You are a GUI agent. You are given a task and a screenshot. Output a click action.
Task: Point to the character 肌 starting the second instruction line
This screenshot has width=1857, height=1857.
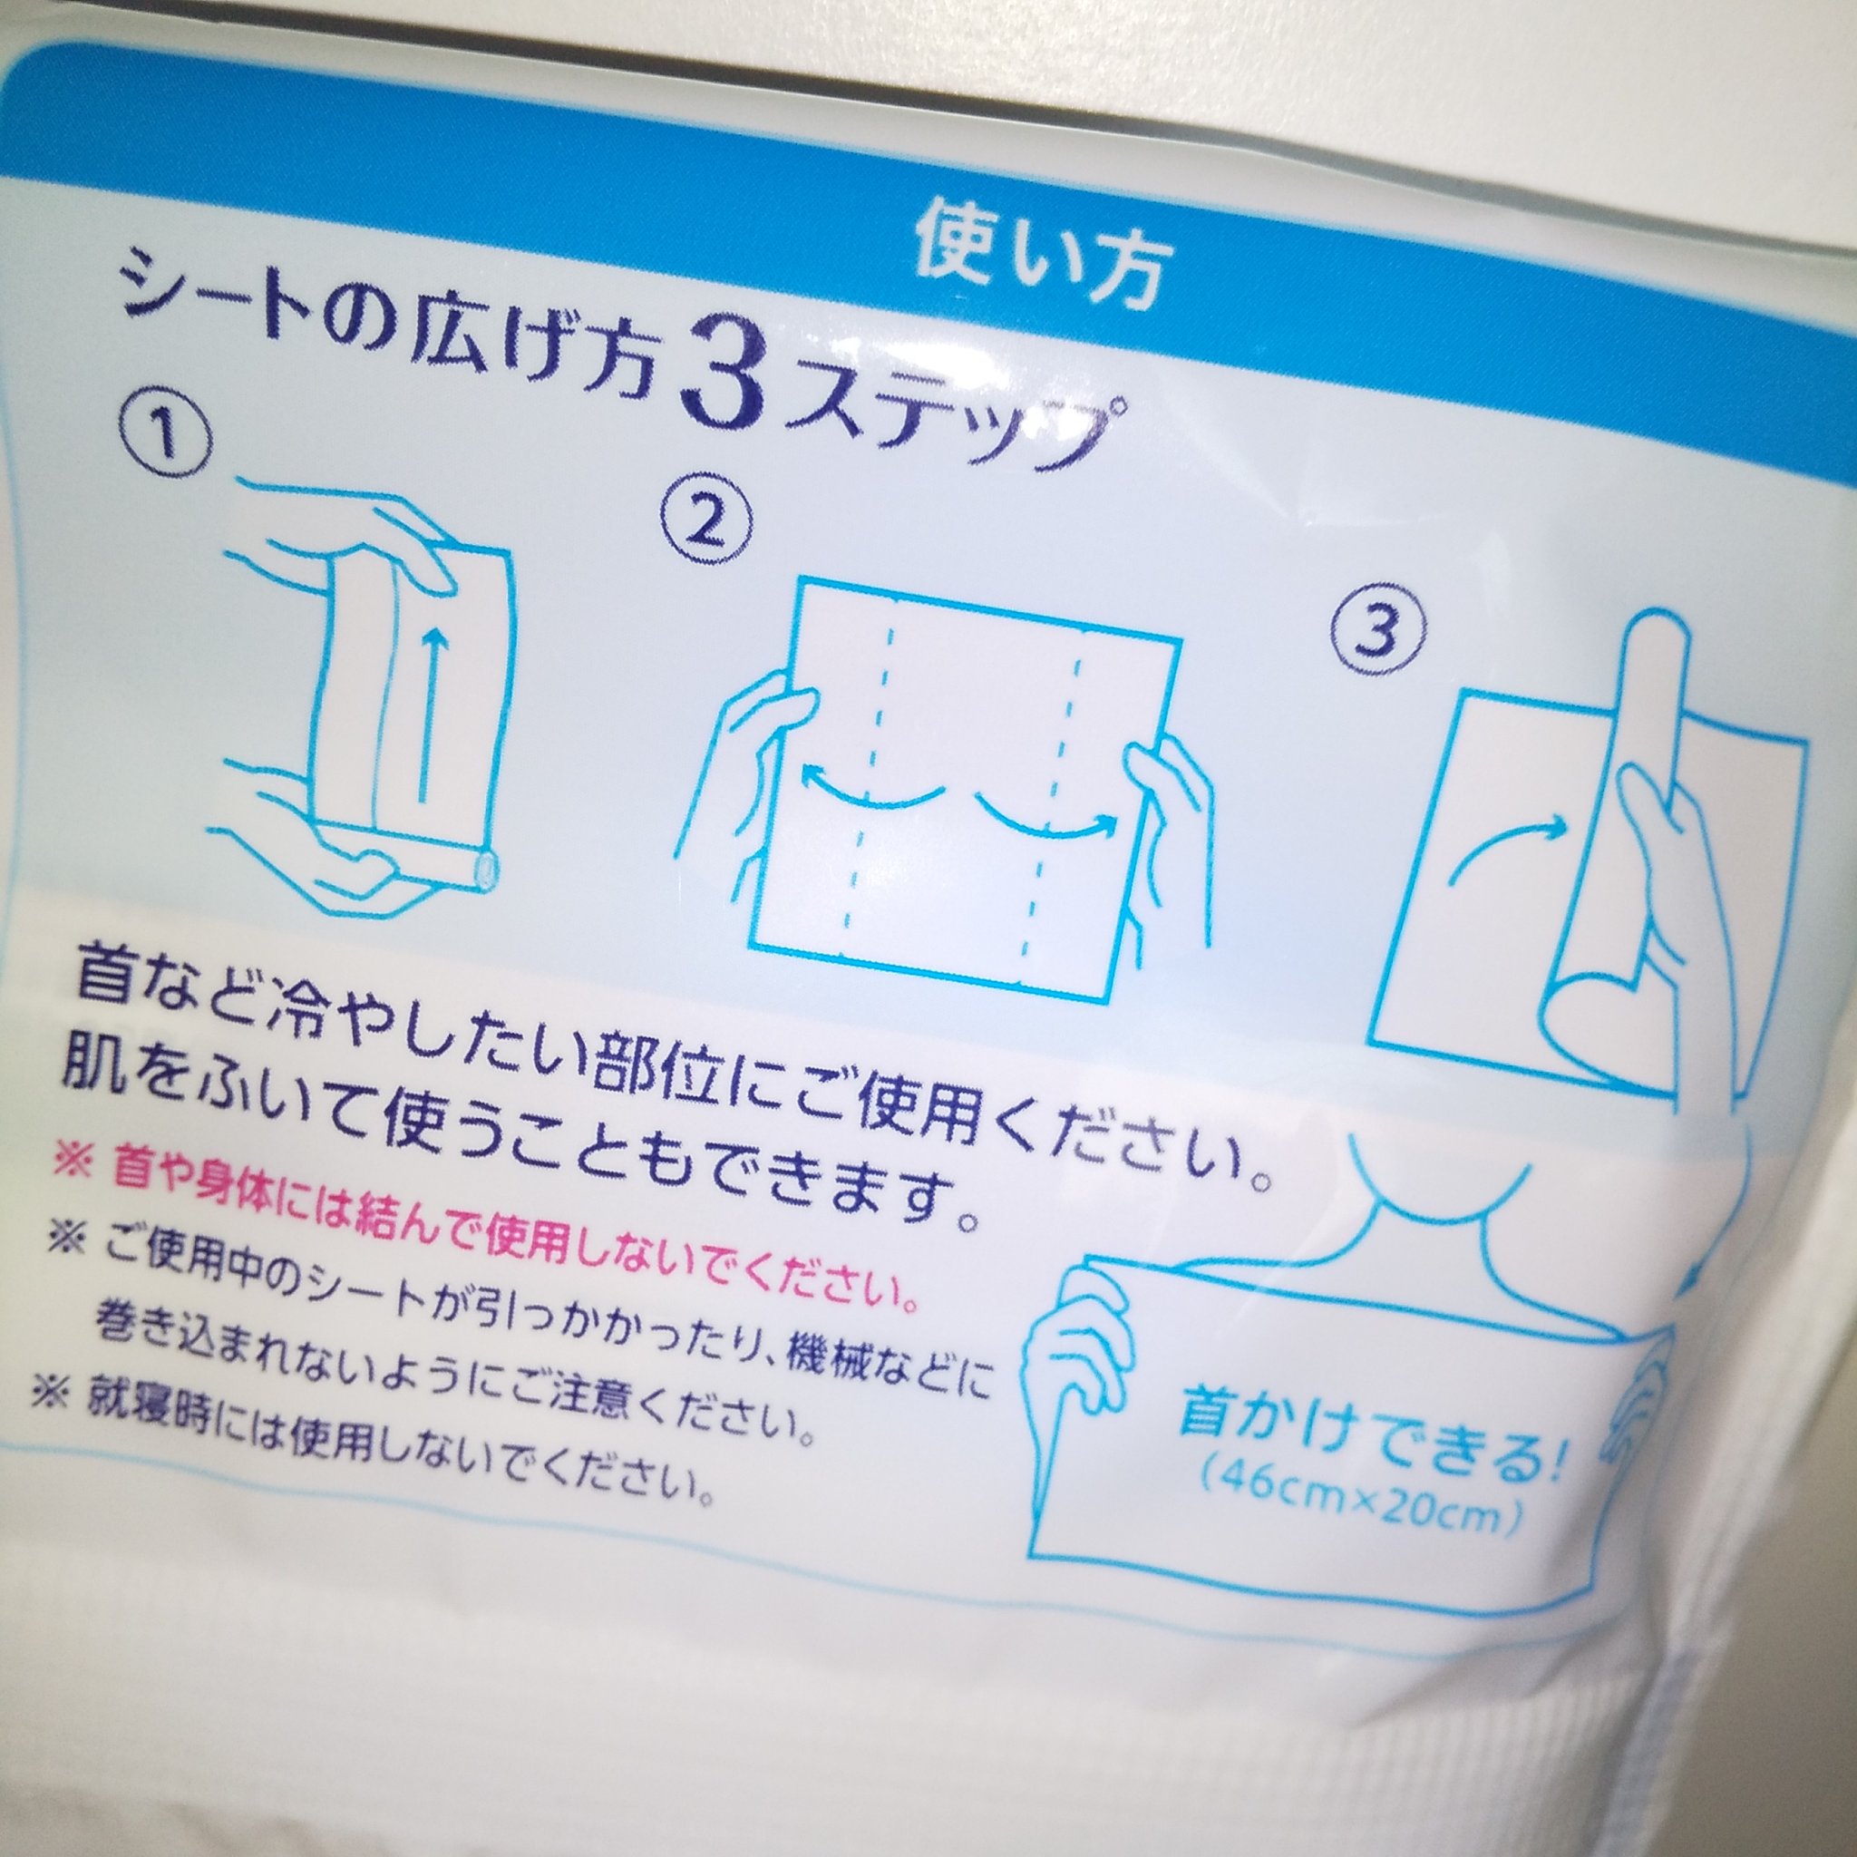pyautogui.click(x=95, y=1063)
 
